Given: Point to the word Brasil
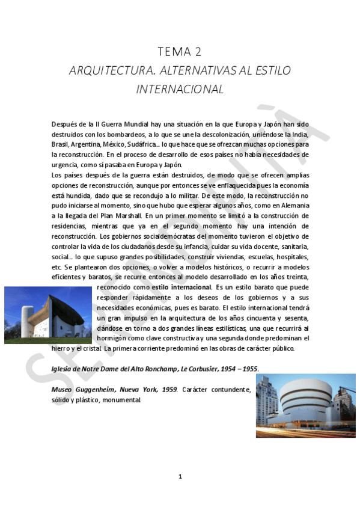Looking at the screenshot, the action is [x=60, y=144].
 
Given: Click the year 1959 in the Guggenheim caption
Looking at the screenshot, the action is [x=167, y=389].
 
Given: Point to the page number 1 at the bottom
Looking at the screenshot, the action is [x=180, y=476].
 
